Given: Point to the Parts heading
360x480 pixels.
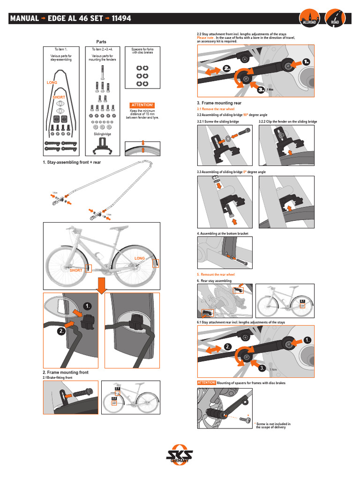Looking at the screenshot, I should pos(101,42).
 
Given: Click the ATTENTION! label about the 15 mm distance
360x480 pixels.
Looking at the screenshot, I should pos(142,105).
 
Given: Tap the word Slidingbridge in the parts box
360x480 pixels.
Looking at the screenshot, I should pos(102,134).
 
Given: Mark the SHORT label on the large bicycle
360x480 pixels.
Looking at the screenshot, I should pos(75,270).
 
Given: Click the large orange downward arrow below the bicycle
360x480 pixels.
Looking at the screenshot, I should pos(102,284).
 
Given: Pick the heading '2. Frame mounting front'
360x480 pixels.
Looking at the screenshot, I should pos(66,372).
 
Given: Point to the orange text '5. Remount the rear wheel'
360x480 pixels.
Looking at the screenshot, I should pos(216,274).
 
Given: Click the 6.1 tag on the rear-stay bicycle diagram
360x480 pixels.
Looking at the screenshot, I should pos(303,301).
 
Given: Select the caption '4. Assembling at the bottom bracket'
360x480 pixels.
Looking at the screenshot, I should pos(223,233).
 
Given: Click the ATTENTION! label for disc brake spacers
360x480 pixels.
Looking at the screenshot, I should pos(207,382).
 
